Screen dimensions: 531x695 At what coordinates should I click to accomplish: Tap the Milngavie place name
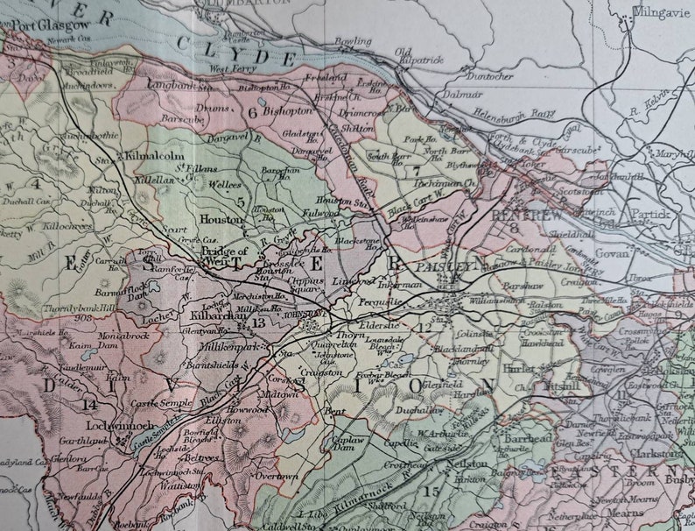(x=662, y=13)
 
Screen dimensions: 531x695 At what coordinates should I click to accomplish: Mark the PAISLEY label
(x=447, y=265)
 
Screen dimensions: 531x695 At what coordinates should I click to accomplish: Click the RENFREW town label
(x=520, y=214)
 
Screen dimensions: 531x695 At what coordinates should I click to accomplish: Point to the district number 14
(x=88, y=404)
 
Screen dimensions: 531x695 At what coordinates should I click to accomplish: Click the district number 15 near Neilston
(x=431, y=492)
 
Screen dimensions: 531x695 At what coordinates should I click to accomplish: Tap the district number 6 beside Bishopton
(x=252, y=112)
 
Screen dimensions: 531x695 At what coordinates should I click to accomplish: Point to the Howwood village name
(x=245, y=409)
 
